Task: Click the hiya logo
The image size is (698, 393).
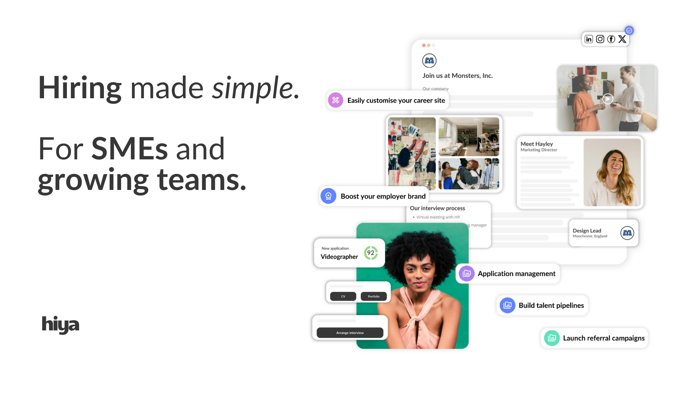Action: (60, 324)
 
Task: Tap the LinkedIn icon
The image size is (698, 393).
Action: (589, 39)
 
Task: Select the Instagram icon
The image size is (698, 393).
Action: (600, 39)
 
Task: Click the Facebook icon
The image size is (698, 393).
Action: (611, 39)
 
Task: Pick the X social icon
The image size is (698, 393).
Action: (622, 39)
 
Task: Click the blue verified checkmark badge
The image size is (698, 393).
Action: (629, 31)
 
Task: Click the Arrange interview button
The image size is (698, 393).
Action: (350, 333)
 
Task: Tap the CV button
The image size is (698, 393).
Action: (343, 296)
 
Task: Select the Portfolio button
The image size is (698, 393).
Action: (373, 296)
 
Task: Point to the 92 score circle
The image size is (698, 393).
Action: (371, 253)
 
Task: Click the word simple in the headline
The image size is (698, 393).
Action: (253, 88)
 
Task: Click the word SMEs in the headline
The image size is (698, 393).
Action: (129, 148)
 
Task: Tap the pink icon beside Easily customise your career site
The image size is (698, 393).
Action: (336, 100)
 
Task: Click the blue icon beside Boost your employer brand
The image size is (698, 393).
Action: (328, 196)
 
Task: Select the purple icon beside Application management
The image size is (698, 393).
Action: (466, 274)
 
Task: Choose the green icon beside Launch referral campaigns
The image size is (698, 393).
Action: (552, 338)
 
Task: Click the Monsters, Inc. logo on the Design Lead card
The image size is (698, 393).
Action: (627, 233)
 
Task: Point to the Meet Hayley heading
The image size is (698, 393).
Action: (537, 144)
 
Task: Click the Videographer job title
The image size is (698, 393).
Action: (339, 257)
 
